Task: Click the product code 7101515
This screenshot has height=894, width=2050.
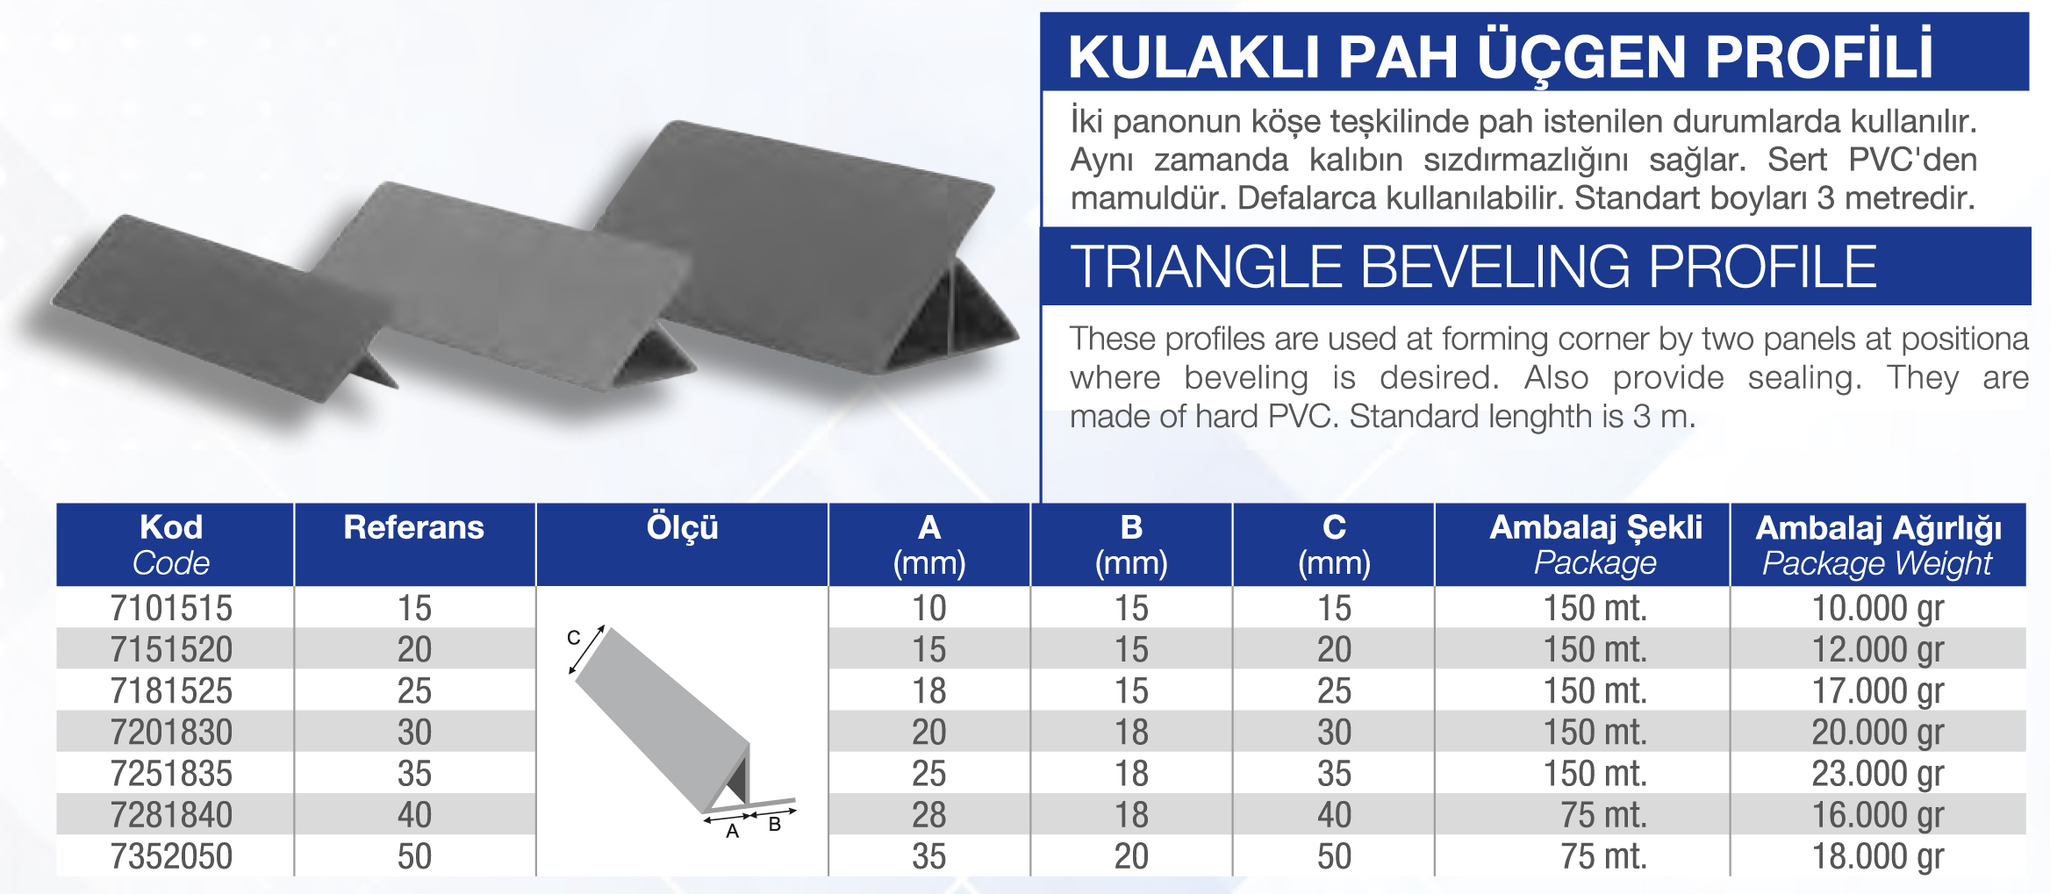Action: (x=171, y=608)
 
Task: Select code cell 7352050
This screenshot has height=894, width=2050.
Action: (x=171, y=856)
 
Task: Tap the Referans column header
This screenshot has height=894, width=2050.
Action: (x=414, y=527)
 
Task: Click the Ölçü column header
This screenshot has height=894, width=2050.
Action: (x=683, y=527)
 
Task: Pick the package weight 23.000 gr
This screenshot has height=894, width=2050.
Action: (x=1878, y=774)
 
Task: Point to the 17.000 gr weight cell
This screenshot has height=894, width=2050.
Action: (x=1878, y=691)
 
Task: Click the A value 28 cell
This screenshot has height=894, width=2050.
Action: (x=929, y=815)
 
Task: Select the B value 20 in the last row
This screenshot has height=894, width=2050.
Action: (x=1131, y=856)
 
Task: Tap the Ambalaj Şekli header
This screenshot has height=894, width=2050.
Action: (x=1596, y=527)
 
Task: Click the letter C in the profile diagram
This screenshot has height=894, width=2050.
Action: (x=573, y=638)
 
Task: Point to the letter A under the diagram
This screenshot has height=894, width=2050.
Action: (x=733, y=831)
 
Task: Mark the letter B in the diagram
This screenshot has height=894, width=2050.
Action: (x=775, y=824)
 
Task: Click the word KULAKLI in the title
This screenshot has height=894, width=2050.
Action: (x=1194, y=57)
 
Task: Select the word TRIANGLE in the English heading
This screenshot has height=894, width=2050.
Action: (x=1207, y=267)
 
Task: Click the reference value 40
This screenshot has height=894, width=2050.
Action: (x=414, y=815)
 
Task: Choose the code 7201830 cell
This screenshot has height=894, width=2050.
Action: (x=171, y=733)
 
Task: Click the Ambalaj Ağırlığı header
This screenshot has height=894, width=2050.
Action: (x=1878, y=528)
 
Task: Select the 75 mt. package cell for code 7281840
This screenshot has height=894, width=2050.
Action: (x=1603, y=815)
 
